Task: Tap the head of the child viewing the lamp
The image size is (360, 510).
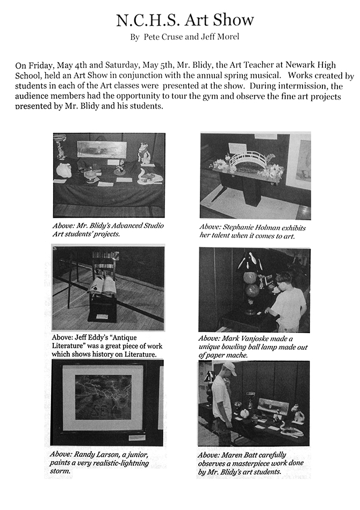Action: click(282, 281)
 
